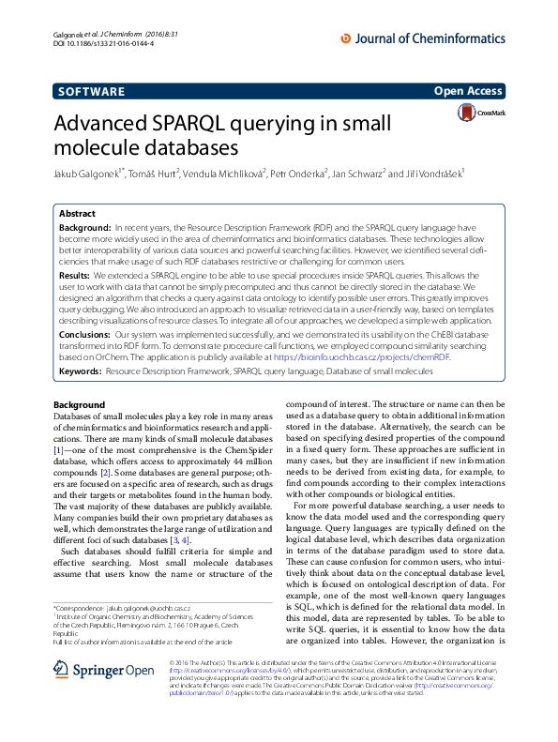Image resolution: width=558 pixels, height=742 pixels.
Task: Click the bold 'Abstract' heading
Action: point(77,215)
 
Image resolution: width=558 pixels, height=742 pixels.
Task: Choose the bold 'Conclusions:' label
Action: point(86,333)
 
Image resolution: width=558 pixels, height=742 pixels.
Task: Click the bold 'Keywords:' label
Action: point(81,371)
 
